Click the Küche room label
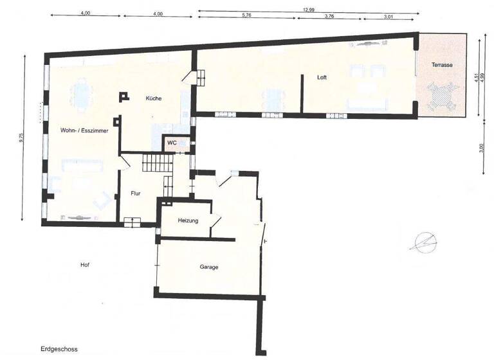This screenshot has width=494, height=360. tap(153, 98)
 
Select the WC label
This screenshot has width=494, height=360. tap(172, 143)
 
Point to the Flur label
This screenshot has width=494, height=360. tap(136, 192)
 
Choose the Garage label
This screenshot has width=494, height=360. tap(208, 267)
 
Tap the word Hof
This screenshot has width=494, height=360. tap(84, 265)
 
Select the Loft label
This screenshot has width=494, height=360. tap(322, 77)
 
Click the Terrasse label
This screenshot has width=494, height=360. tap(442, 65)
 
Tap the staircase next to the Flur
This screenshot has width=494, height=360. tap(157, 162)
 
